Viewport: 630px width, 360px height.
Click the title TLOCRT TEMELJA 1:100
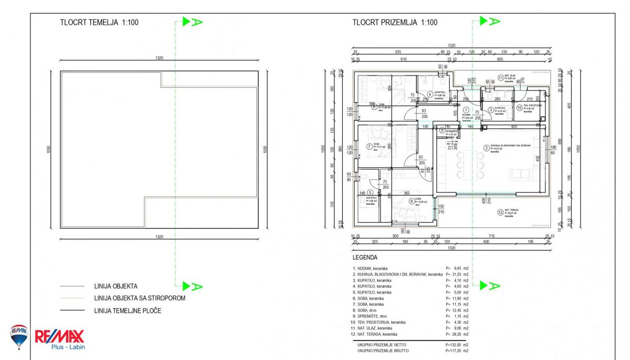click(x=100, y=23)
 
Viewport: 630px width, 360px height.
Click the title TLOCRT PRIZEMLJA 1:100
click(x=395, y=23)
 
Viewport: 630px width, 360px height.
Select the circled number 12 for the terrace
click(x=500, y=213)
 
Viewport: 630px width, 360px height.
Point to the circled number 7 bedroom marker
click(x=369, y=146)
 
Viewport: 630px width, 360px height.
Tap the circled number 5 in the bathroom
click(x=370, y=193)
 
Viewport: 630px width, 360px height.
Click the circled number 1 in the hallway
click(x=466, y=110)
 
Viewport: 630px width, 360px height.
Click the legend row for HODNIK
click(x=373, y=268)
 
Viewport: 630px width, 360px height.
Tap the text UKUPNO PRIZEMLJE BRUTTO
click(x=383, y=351)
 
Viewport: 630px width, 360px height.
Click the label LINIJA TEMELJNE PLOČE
click(x=128, y=311)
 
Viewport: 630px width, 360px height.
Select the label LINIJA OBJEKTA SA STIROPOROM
click(x=139, y=298)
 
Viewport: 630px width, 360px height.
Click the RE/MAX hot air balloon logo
click(x=18, y=336)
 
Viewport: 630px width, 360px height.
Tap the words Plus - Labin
click(x=68, y=347)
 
